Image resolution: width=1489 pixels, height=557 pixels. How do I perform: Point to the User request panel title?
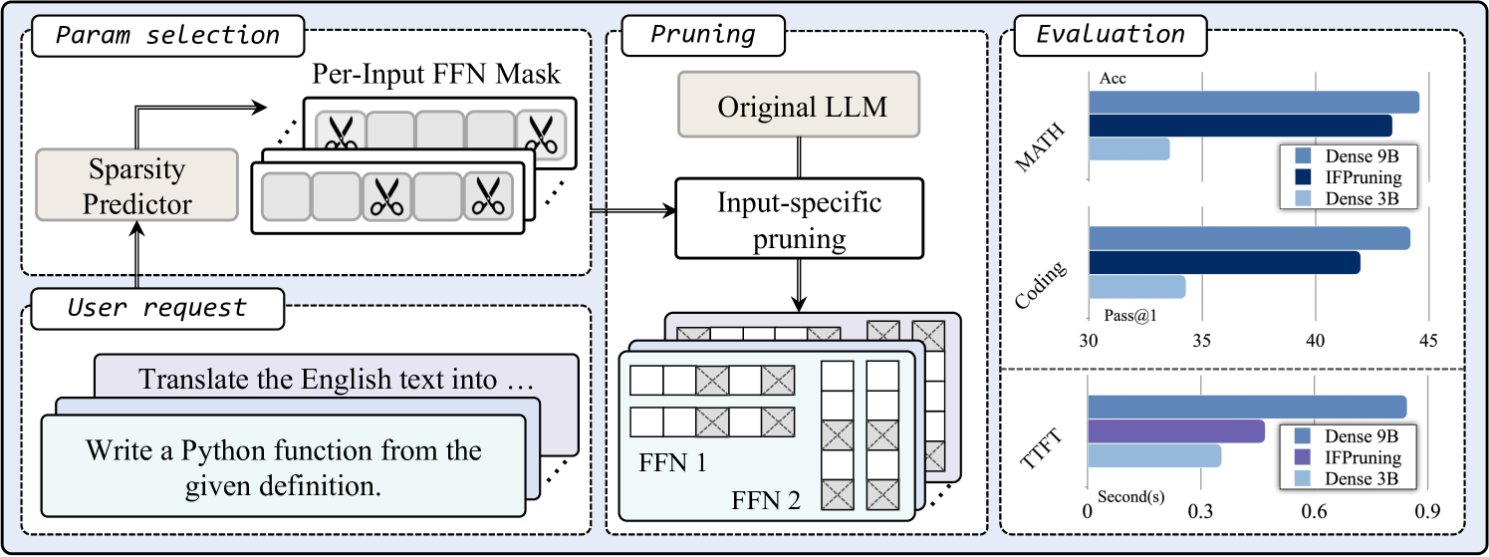pos(156,307)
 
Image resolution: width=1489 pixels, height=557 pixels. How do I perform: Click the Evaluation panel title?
pos(1111,36)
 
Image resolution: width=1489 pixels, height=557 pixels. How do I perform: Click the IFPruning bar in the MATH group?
pos(1239,126)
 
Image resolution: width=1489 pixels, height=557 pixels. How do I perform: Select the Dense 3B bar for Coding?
pos(1135,287)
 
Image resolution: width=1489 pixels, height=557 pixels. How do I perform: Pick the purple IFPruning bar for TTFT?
pos(1175,431)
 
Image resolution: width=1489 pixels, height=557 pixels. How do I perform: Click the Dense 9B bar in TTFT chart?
pos(1246,408)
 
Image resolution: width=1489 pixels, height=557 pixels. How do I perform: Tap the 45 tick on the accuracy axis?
pos(1428,341)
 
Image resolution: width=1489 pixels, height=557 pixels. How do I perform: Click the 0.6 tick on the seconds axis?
pos(1315,511)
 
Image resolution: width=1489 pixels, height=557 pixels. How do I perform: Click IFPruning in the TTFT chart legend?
pos(1362,458)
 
